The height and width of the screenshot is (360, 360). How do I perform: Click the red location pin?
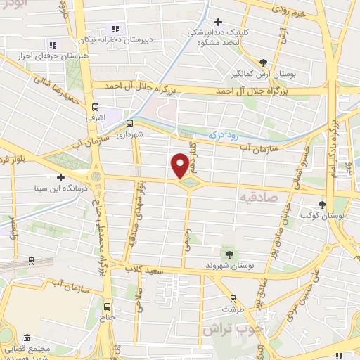pyautogui.click(x=181, y=165)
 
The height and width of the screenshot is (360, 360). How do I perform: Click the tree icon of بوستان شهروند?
pyautogui.click(x=229, y=253)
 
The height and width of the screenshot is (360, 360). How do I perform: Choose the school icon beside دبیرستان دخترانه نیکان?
pyautogui.click(x=114, y=29)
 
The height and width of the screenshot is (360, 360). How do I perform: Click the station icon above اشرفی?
pyautogui.click(x=96, y=107)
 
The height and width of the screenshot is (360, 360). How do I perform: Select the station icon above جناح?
pyautogui.click(x=108, y=307)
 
